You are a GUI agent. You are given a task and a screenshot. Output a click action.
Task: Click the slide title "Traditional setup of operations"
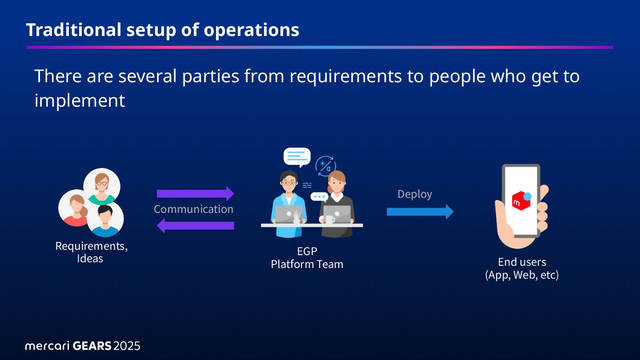[x=163, y=30]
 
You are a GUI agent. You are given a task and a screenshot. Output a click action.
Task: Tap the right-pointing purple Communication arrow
[x=195, y=194]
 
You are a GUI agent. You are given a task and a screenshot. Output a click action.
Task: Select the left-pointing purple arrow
[x=195, y=225]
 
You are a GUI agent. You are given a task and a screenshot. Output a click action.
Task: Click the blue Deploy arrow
[x=420, y=212]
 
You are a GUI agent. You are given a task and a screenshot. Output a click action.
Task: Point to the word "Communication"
[x=193, y=209]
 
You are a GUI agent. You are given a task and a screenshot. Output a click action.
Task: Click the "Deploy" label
[x=415, y=194]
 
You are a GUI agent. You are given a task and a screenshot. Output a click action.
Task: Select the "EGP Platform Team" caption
[x=307, y=258]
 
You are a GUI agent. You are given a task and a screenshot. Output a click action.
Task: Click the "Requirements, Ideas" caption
[x=91, y=252]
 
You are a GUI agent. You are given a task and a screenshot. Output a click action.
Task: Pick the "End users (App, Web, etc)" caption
[x=522, y=268]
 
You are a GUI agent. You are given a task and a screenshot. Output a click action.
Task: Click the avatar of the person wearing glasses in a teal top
[x=102, y=186]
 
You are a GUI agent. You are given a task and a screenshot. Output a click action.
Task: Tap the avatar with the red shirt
[x=76, y=208]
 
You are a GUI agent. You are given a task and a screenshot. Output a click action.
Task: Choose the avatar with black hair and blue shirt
[x=105, y=219]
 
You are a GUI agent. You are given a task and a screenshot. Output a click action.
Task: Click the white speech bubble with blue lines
[x=297, y=157]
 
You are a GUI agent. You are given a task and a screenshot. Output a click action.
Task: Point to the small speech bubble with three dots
[x=319, y=196]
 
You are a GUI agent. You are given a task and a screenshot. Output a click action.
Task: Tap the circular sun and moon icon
[x=326, y=166]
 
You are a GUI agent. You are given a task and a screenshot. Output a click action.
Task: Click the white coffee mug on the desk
[x=329, y=220]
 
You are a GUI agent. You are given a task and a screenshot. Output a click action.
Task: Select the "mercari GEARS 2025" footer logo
[x=83, y=346]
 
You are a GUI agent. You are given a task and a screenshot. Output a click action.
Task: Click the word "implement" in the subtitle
[x=80, y=100]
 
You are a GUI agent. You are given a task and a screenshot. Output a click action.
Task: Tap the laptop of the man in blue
[x=288, y=215]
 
